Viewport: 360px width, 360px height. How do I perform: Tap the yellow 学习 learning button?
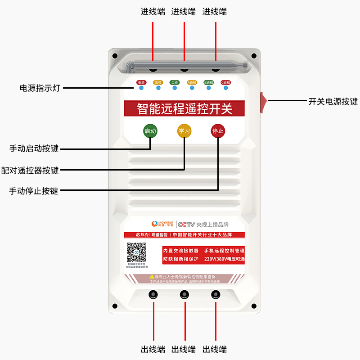coord(184,131)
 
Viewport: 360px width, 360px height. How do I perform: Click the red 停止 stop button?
coord(218,131)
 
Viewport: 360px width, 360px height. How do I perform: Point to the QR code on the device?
coord(136,252)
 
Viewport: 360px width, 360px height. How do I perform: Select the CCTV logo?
coord(185,224)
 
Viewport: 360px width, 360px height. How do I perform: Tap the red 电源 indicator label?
coord(141,82)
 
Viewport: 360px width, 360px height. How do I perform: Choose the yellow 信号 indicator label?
coord(157,82)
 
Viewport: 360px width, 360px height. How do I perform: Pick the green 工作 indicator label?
coord(175,82)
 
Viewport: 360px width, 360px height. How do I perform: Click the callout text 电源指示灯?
coord(40,88)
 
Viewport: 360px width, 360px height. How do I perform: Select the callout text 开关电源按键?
coord(333,102)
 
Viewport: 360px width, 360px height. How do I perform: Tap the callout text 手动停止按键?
coord(34,191)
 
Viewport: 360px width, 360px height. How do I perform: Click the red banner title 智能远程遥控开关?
coord(184,108)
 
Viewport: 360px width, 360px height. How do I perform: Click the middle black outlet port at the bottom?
coord(184,295)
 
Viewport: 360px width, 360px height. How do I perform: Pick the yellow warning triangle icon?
coord(152,276)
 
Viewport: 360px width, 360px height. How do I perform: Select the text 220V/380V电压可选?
coord(224,259)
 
